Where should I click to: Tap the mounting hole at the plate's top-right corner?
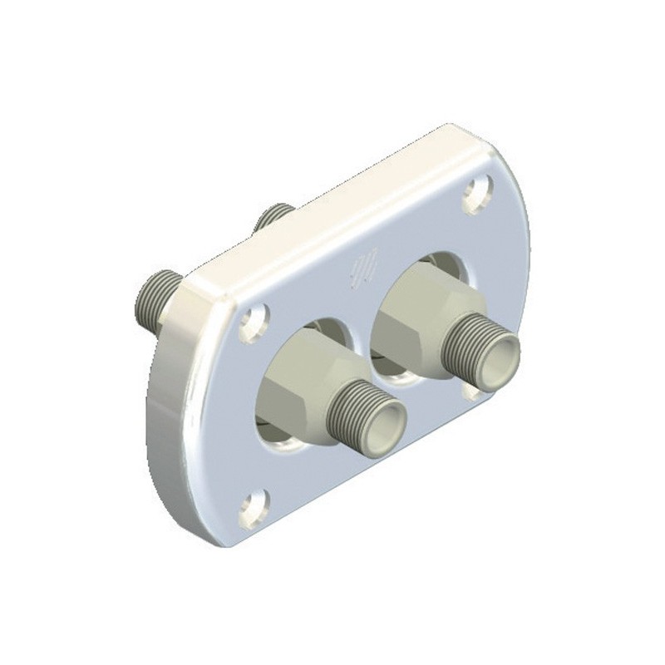(477, 193)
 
